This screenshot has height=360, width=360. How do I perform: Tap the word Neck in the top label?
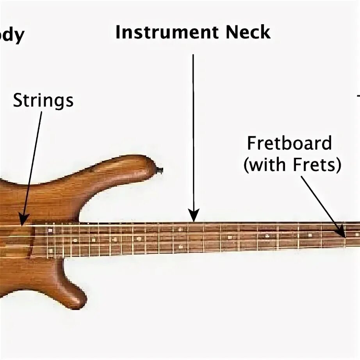(248, 32)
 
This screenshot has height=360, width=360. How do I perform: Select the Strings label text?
(43, 101)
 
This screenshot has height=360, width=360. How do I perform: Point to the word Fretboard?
(289, 144)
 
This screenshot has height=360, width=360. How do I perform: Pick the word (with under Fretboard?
(266, 165)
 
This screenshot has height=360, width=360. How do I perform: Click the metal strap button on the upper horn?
(159, 170)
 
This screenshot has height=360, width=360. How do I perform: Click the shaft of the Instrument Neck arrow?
(193, 133)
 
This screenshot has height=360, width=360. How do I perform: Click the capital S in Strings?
(18, 101)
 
